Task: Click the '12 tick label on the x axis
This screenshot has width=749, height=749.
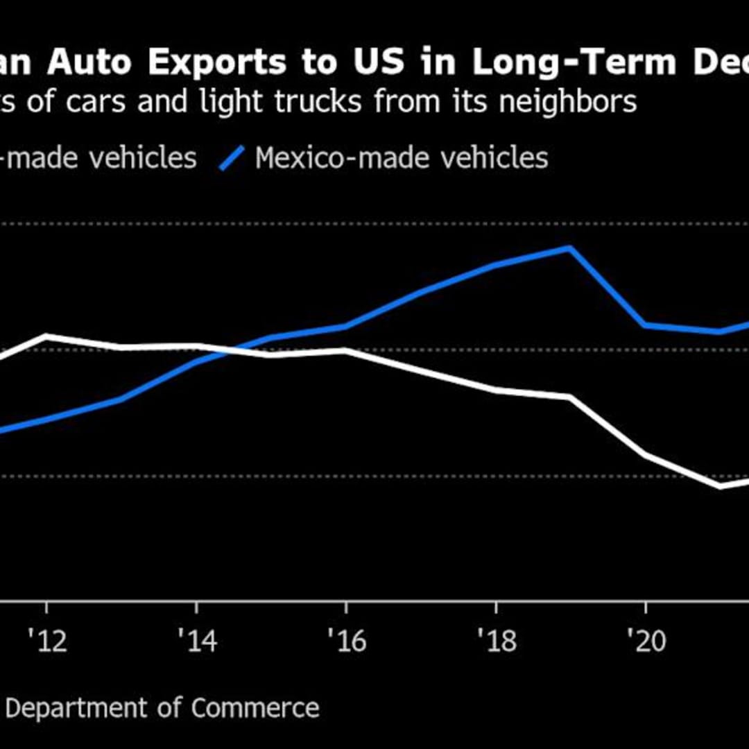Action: (46, 641)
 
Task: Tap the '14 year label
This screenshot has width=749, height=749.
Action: (197, 641)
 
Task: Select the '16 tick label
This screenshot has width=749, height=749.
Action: (346, 641)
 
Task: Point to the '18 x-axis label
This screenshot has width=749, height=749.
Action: (497, 641)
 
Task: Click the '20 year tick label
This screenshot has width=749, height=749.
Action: (646, 641)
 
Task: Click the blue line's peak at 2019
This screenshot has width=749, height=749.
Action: (570, 248)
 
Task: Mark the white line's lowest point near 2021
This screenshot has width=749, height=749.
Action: (721, 486)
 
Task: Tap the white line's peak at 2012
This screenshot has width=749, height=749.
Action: (46, 336)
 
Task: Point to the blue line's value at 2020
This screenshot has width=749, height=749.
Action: (645, 325)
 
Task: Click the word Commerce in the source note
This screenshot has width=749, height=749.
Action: (255, 708)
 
